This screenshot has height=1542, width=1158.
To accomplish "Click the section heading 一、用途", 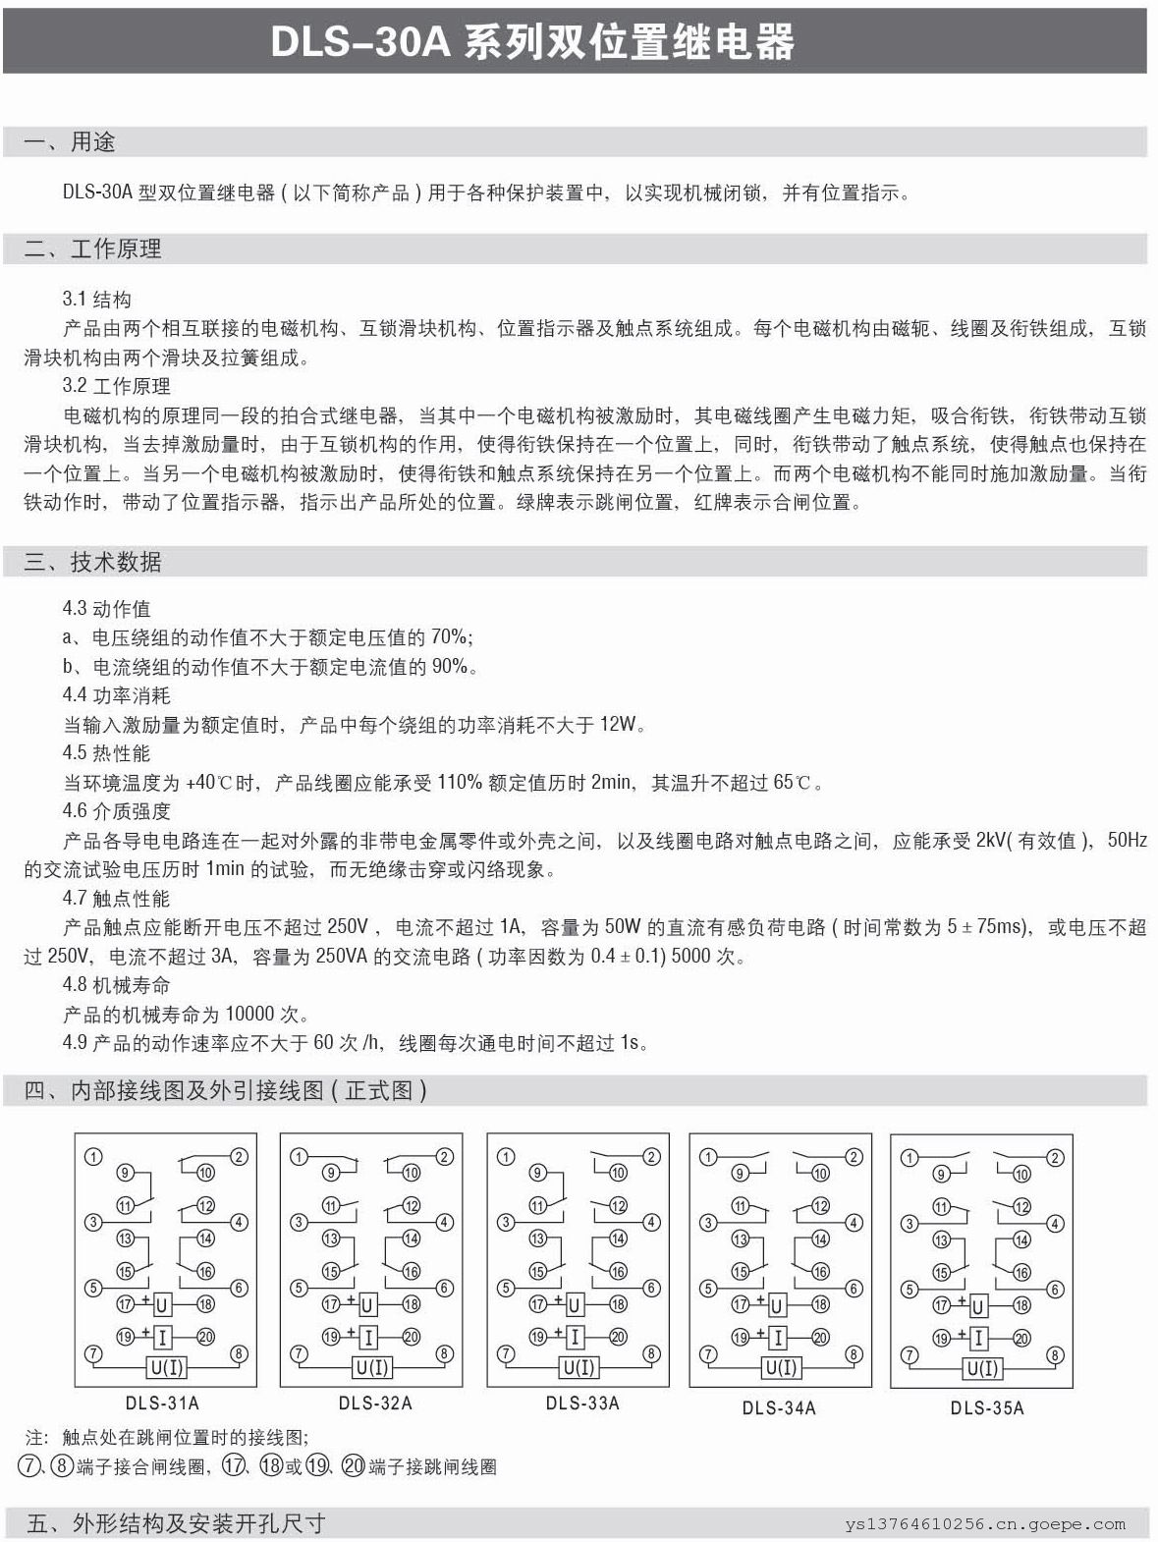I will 70,142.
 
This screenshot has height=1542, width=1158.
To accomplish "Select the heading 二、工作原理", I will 92,249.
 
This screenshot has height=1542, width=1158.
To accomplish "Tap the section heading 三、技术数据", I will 92,562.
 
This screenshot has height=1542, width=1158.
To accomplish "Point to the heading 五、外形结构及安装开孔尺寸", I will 176,1523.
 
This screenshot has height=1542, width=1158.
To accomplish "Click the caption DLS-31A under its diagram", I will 162,1403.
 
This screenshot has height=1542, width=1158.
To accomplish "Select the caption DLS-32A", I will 375,1404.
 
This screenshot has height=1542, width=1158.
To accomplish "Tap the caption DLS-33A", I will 582,1404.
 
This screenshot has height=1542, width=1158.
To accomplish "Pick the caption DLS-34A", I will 779,1407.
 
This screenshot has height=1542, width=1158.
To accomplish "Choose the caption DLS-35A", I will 986,1407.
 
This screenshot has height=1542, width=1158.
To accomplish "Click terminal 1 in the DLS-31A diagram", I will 93,1157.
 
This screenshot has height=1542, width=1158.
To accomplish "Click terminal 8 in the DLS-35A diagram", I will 1056,1355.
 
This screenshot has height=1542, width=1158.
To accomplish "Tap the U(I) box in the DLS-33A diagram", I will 579,1367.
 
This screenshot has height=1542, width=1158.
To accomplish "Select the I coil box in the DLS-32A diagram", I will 368,1337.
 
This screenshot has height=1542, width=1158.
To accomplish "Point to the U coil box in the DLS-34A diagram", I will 777,1305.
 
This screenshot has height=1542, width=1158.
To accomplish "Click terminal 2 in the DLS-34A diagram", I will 854,1157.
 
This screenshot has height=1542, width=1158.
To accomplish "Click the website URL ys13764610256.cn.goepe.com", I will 985,1524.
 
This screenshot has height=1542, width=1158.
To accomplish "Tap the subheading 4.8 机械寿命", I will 116,984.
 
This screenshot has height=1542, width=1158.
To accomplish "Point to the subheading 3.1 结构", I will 96,300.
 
